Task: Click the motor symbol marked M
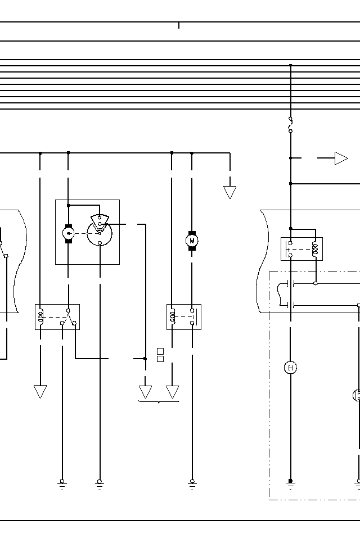(192, 241)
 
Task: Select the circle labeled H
(290, 368)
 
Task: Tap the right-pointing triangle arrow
(341, 159)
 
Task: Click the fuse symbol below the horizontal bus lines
(290, 125)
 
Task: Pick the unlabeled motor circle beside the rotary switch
(69, 232)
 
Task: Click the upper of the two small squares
(160, 351)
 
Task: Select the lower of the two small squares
(160, 359)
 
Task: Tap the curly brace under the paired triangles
(159, 401)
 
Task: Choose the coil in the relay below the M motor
(173, 317)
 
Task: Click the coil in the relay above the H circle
(314, 248)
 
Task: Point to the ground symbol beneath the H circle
(290, 483)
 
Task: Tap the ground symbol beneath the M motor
(192, 483)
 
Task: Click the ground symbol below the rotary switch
(100, 483)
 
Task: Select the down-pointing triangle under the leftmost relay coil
(40, 391)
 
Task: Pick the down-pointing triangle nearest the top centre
(229, 192)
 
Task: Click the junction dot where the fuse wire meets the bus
(290, 66)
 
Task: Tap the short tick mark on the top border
(179, 25)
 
